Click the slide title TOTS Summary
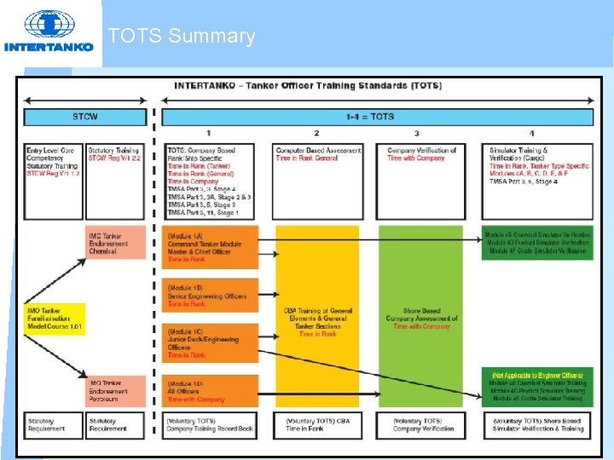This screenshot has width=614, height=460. click(181, 37)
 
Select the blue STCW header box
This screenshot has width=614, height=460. click(85, 117)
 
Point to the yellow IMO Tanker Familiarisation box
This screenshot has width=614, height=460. click(54, 319)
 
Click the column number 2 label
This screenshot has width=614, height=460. click(316, 133)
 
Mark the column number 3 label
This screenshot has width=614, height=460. click(417, 133)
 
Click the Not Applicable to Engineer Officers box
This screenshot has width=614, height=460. click(537, 386)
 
